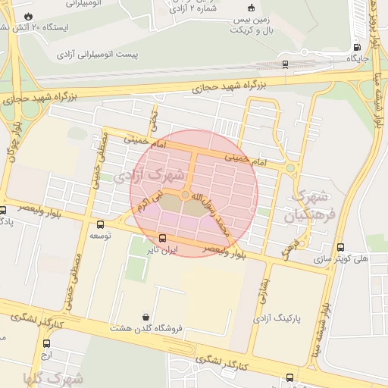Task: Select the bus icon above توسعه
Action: click(x=102, y=224)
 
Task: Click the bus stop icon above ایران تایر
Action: click(x=163, y=238)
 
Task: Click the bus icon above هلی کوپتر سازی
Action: click(x=339, y=247)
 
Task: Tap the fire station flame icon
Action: click(x=28, y=15)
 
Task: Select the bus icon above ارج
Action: click(x=46, y=343)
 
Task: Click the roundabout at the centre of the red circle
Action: click(x=185, y=195)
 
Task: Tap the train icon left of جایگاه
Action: click(x=284, y=64)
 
